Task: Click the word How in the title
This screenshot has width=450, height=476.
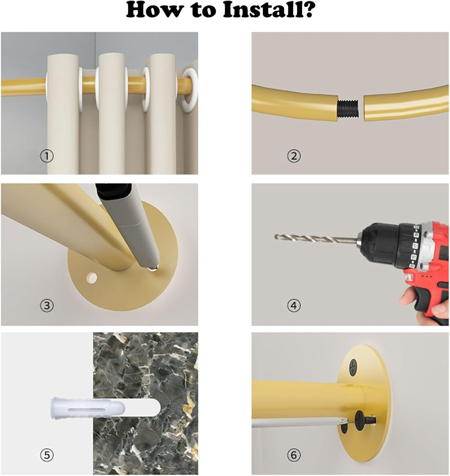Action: tap(154, 10)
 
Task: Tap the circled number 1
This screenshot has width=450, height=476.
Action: tap(47, 156)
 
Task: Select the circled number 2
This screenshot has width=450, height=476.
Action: tap(294, 156)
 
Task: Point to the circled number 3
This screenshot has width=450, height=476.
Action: tap(47, 305)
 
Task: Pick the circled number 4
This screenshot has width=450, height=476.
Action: tap(294, 305)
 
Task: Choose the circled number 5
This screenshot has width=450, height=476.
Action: tap(47, 455)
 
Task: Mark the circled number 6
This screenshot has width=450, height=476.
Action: tap(294, 455)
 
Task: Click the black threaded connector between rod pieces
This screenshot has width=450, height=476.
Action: tap(348, 109)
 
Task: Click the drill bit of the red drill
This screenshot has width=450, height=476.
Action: tap(316, 238)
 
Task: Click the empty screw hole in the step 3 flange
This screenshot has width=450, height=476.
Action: tap(91, 278)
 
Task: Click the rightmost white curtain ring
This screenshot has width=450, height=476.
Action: tap(189, 90)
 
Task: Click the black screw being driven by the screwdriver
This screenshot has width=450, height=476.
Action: tap(365, 420)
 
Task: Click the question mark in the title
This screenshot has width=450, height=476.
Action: tap(307, 10)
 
